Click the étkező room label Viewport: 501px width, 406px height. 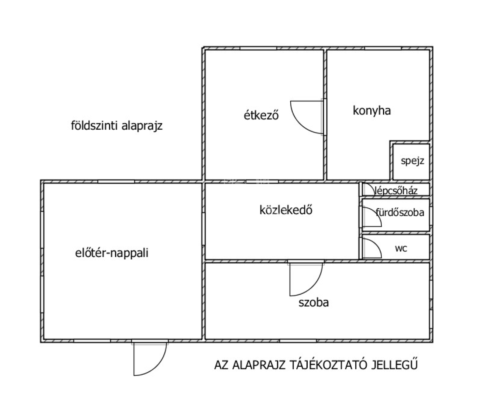(x=261, y=115)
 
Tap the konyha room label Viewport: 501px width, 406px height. (x=371, y=111)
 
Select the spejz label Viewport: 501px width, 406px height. (x=412, y=161)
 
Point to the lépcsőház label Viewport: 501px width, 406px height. (x=396, y=191)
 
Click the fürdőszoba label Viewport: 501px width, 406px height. (x=400, y=213)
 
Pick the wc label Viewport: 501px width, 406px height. (x=401, y=249)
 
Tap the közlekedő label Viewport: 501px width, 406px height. (x=286, y=210)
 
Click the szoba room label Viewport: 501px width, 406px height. (x=314, y=303)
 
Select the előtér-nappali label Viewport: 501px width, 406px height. (x=112, y=253)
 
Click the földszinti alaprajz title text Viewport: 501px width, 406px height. (x=117, y=126)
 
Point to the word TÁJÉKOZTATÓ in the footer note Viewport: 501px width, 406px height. (x=328, y=365)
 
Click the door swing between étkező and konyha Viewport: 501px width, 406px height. (x=307, y=117)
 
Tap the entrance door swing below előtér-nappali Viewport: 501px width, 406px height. (x=150, y=359)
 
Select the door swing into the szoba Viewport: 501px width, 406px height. (x=306, y=280)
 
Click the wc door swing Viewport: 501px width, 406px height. (x=372, y=248)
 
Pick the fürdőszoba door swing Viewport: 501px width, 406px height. (x=372, y=216)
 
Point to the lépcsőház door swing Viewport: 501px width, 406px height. (x=369, y=189)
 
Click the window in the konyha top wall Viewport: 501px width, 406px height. (x=383, y=48)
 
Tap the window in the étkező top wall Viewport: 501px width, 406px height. (x=258, y=48)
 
